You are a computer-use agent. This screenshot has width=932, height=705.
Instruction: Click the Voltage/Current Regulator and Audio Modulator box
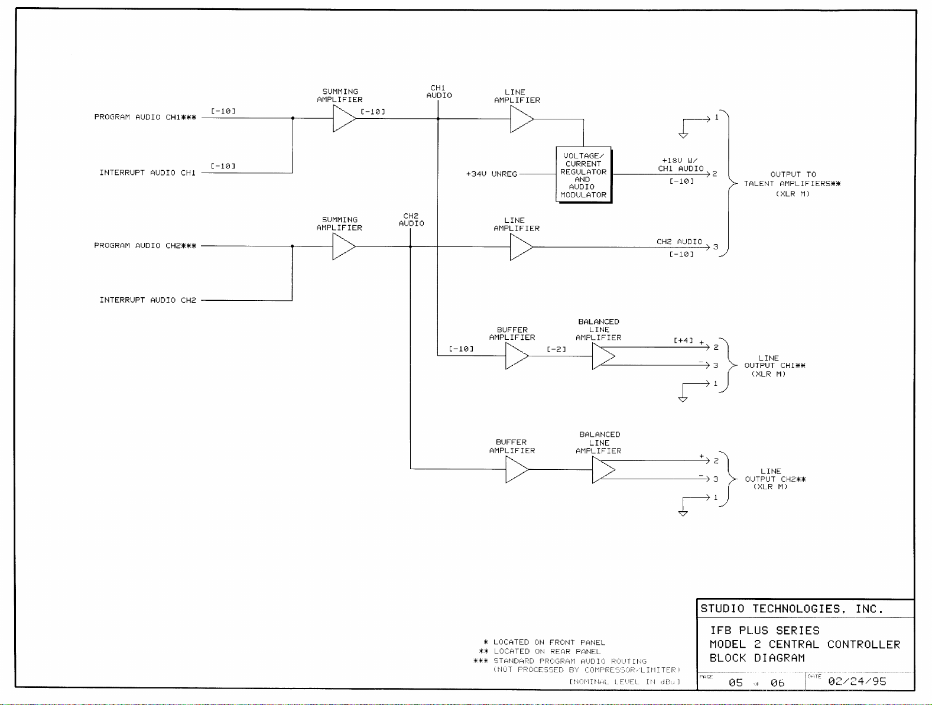coord(583,175)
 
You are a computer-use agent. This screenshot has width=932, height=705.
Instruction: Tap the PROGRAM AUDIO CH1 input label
coord(145,117)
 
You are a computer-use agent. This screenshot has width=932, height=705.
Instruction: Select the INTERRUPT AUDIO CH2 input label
coord(148,300)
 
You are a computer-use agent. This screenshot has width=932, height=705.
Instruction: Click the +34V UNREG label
coord(491,174)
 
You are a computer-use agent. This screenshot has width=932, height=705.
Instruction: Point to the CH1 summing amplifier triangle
coord(344,118)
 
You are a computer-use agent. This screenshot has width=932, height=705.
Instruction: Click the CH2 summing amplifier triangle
coord(343,246)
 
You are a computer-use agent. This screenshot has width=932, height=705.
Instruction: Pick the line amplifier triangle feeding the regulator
coord(521,119)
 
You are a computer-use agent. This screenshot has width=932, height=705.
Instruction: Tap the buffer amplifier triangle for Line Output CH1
coord(517,356)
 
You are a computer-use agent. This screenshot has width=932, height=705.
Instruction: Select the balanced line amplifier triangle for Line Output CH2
coord(603,469)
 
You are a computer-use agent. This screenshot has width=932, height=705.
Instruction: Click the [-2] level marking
coord(556,349)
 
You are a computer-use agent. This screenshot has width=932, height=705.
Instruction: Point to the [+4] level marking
coord(683,340)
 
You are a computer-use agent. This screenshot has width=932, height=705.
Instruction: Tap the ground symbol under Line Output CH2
coord(683,514)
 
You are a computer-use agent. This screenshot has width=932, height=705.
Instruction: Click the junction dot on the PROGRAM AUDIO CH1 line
coord(293,118)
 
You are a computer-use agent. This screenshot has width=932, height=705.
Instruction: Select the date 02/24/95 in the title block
coord(858,681)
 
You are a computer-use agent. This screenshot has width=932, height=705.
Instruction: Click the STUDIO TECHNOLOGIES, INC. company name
coord(792,609)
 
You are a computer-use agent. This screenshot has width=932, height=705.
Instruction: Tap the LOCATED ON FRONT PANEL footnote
coord(544,642)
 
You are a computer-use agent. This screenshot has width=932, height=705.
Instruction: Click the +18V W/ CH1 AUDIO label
coord(681,165)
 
